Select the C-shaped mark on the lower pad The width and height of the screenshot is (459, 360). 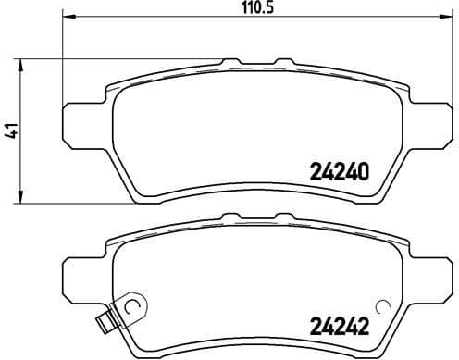[x=131, y=307]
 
